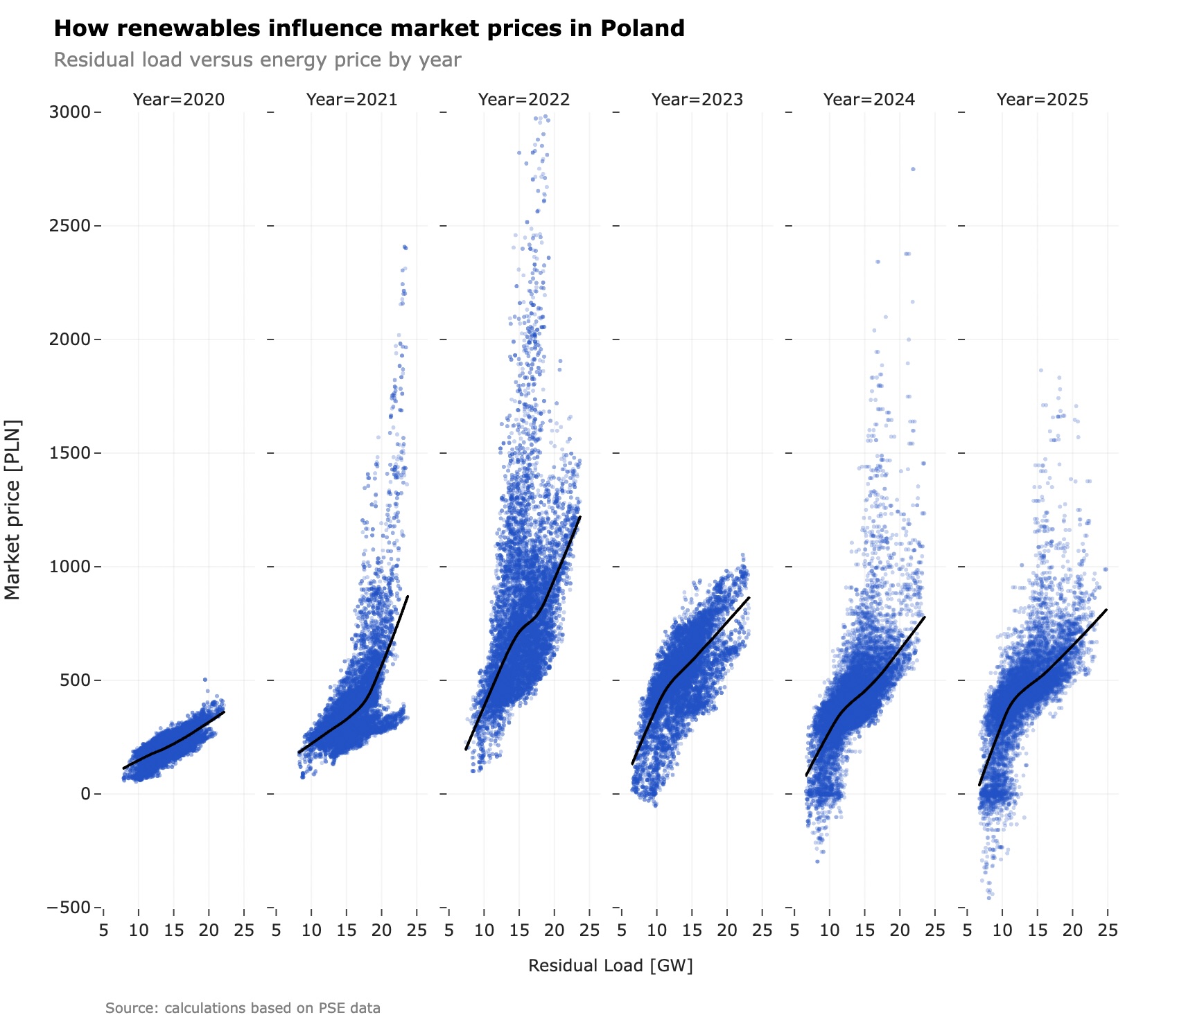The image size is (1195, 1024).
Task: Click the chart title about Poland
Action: click(x=369, y=28)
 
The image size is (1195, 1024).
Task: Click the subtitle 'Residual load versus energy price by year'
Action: click(x=257, y=60)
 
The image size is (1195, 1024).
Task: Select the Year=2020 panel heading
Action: click(x=179, y=100)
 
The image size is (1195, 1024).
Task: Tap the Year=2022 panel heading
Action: click(x=524, y=100)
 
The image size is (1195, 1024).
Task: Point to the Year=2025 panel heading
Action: click(x=1043, y=100)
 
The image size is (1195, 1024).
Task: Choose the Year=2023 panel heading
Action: click(x=697, y=100)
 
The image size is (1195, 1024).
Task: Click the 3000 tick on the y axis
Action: click(x=70, y=112)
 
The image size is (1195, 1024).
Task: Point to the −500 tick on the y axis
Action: click(x=69, y=908)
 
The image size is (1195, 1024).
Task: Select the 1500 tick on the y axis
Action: click(x=70, y=453)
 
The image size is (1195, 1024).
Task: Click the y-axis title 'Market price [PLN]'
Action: click(x=12, y=510)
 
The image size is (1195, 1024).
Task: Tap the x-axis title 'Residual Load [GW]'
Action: click(x=611, y=966)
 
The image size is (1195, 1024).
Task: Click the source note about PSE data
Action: click(x=243, y=1008)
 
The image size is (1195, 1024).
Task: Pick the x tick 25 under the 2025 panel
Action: click(x=1108, y=930)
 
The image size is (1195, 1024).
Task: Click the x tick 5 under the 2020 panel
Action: click(x=103, y=930)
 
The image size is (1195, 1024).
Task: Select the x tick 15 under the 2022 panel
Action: click(x=519, y=930)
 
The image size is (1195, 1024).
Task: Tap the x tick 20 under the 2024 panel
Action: click(x=900, y=930)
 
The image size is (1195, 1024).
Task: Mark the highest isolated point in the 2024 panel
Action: click(x=913, y=169)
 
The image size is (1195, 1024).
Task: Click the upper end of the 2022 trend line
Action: click(x=579, y=517)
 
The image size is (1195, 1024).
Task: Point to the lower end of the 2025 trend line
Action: click(x=979, y=785)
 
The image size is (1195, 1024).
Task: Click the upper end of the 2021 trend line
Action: click(x=408, y=596)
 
